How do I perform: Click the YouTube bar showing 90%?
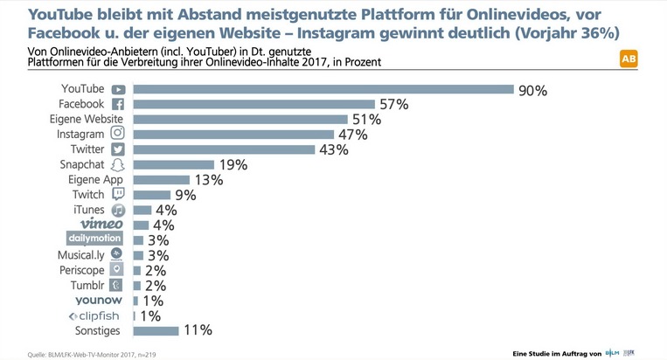323,89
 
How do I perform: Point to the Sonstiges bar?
156,330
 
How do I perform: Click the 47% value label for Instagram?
354,135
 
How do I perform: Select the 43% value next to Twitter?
333,149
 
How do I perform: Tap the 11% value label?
198,330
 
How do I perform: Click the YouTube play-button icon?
118,89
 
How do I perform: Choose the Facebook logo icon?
119,104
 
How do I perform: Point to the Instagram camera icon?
118,134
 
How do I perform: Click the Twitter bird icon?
118,149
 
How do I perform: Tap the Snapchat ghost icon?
118,164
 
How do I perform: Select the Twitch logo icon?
118,194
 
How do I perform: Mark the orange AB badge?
628,59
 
